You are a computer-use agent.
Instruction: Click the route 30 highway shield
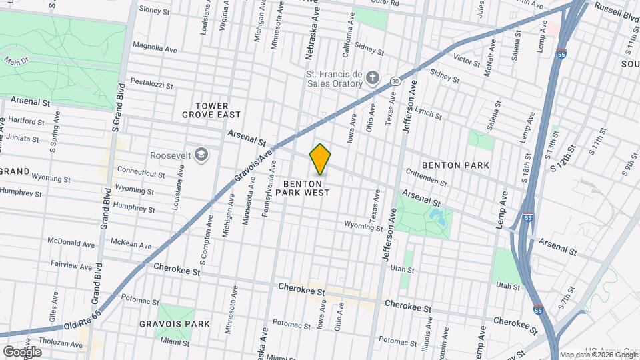[x=395, y=81]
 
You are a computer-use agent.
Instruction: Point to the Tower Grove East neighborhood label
[x=212, y=110]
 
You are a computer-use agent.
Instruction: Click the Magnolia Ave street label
[x=155, y=47]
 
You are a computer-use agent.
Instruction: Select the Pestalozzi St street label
[x=151, y=86]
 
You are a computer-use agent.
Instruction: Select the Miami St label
[x=175, y=341]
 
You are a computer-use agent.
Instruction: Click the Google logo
[x=22, y=351]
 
